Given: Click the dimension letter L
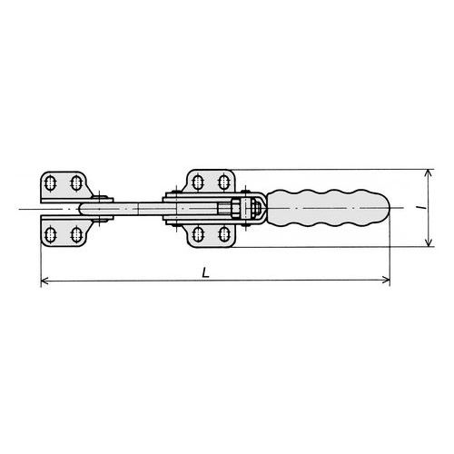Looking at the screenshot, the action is tap(206, 272).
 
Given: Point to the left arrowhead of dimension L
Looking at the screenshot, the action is tap(44, 281).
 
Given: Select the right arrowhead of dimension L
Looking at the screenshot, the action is tap(386, 280).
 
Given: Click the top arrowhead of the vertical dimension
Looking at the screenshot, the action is tap(428, 173).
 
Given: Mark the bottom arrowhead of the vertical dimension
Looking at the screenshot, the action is tap(429, 242).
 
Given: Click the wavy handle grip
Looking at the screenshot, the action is tap(328, 208).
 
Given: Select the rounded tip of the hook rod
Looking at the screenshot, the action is tap(83, 209).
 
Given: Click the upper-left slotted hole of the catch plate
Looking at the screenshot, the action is tap(50, 183).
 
